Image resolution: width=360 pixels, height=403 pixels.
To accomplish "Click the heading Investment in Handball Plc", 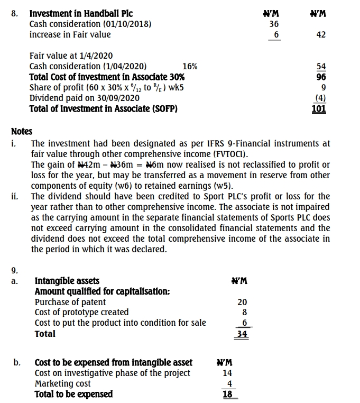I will coord(81,13).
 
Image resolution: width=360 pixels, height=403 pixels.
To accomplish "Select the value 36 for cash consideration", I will coord(274,24).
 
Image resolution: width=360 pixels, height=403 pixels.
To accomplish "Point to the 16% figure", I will coord(190,66).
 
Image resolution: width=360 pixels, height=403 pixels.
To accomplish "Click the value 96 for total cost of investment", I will coord(320,77).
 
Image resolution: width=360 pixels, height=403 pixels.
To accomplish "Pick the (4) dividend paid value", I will coord(320,98).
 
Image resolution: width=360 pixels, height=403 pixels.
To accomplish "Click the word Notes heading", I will coord(21,131).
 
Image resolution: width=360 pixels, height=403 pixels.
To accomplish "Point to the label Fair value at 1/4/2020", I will coord(71,56).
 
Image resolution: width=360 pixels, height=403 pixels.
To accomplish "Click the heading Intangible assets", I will coord(67,280).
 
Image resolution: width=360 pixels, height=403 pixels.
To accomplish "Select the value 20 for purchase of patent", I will coord(242,302).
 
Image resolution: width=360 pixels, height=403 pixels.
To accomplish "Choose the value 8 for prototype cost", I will coord(244,313).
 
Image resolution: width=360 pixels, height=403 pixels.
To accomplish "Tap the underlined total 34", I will coord(242,334).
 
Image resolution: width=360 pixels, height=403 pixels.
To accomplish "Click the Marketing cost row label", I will coord(62,383).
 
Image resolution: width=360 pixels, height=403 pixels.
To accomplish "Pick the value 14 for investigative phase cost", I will coord(228,373).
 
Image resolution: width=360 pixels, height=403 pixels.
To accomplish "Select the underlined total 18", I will coord(228,394).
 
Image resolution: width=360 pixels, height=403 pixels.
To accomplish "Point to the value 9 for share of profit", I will coord(323,87).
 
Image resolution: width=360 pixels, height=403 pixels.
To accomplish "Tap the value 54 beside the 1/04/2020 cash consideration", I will coord(320,66).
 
